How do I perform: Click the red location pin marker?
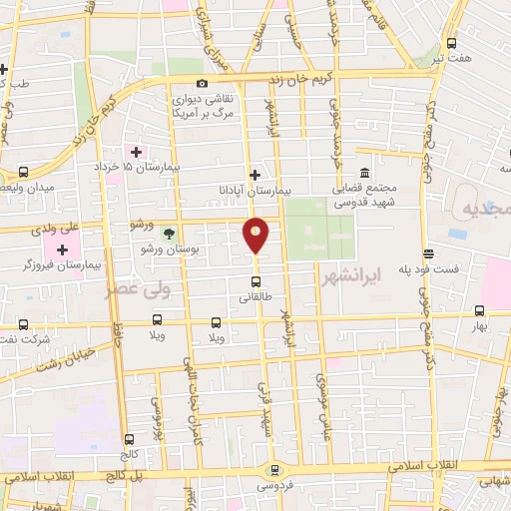tap(256, 236)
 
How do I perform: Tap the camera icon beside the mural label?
tap(202, 84)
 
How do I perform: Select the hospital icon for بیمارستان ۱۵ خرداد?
tap(137, 152)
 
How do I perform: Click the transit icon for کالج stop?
tap(129, 439)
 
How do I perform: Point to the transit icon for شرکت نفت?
tap(24, 324)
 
